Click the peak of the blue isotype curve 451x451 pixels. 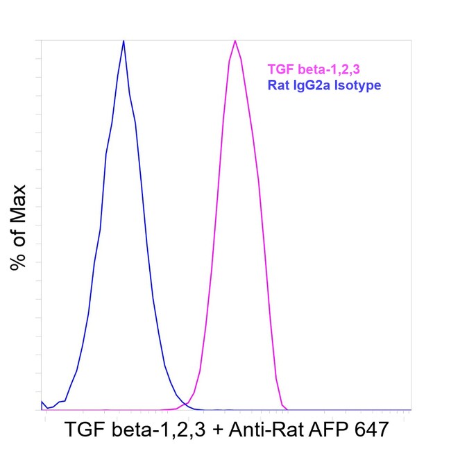click(x=124, y=41)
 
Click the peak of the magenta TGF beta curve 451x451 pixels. click(x=235, y=41)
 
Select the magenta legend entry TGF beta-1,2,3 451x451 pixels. click(x=314, y=69)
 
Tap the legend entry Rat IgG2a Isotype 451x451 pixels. click(x=324, y=85)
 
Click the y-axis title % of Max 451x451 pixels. click(x=18, y=228)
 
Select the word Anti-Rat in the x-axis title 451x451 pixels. click(x=266, y=429)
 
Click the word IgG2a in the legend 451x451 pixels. click(x=312, y=85)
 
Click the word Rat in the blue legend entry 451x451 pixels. click(x=279, y=85)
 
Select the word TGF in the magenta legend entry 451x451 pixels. click(x=281, y=69)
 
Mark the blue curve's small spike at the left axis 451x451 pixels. click(x=42, y=401)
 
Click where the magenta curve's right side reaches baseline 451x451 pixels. click(x=287, y=409)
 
